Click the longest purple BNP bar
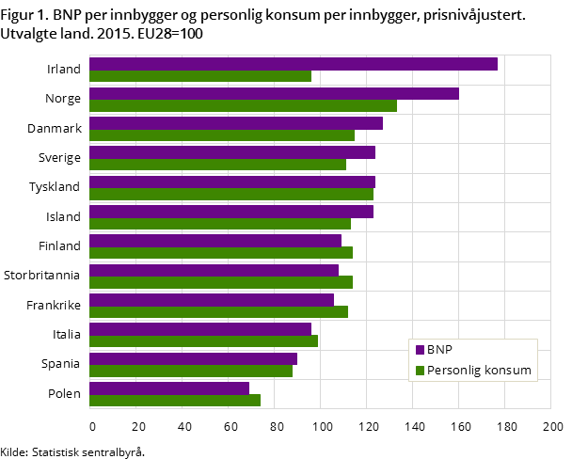click(293, 64)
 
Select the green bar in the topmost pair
click(199, 76)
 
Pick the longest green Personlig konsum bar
click(243, 105)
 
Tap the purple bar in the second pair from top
click(274, 93)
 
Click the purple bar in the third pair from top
click(235, 123)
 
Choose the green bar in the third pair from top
click(221, 135)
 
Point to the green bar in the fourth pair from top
click(217, 165)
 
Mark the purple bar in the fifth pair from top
click(231, 182)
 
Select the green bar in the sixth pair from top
click(219, 224)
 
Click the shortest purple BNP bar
click(168, 388)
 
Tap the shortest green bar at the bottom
click(174, 400)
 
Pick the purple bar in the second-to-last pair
click(193, 358)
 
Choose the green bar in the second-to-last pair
click(190, 371)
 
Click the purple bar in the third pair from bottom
click(199, 329)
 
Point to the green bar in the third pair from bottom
click(203, 341)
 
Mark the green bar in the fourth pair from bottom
click(218, 311)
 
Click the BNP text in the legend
click(439, 350)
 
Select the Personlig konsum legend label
click(479, 371)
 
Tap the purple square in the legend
click(420, 350)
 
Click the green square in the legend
click(420, 371)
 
